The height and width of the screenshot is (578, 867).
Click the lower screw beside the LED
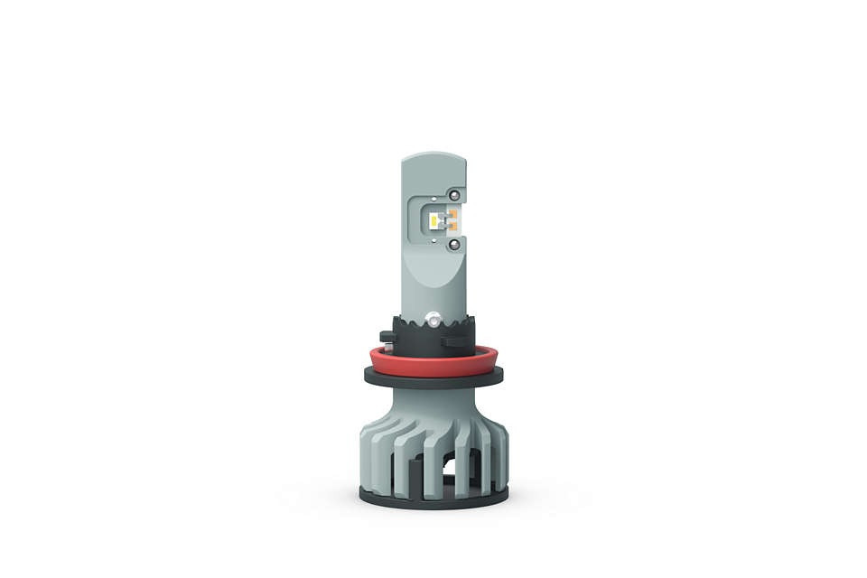pos(453,244)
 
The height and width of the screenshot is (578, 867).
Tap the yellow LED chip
pos(435,219)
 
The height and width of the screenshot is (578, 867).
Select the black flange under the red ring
pos(433,377)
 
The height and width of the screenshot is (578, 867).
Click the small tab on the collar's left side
pos(386,337)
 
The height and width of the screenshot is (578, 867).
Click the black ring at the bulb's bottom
pos(433,496)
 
